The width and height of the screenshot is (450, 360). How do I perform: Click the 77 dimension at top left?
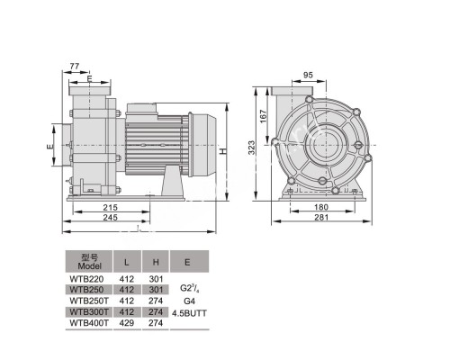[74, 67]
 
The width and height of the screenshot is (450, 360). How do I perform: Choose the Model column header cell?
[87, 262]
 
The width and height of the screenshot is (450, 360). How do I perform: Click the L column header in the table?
[126, 262]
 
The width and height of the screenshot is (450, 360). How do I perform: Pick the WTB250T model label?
[87, 301]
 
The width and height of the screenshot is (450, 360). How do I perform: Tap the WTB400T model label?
[87, 322]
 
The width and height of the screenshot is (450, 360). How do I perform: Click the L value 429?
[126, 322]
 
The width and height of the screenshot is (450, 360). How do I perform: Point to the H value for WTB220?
[156, 279]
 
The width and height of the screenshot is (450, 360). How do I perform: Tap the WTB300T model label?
[87, 311]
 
